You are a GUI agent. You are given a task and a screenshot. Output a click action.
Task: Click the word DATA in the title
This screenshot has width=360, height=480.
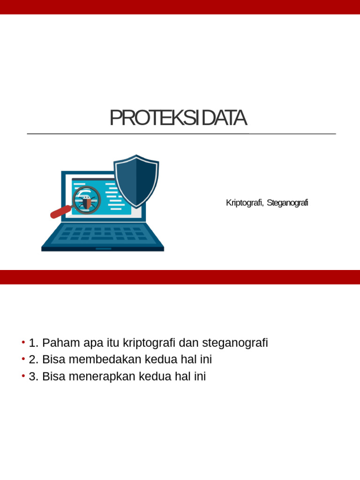[224, 118]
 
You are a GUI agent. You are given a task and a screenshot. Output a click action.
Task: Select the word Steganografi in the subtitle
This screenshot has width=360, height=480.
[287, 202]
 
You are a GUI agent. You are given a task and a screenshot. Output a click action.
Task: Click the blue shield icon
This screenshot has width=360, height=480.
[136, 180]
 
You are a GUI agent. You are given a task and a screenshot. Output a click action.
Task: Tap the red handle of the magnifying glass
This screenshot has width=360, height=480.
[60, 212]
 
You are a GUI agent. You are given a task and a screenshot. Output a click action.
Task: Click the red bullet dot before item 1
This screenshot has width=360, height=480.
[23, 343]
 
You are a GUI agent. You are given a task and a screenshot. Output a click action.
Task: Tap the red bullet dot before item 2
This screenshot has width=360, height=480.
[23, 360]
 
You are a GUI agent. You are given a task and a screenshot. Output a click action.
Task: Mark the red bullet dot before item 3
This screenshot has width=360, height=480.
[23, 376]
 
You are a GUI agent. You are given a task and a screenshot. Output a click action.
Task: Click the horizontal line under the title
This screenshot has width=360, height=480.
[181, 134]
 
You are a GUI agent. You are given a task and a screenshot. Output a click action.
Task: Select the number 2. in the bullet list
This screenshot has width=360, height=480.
[34, 360]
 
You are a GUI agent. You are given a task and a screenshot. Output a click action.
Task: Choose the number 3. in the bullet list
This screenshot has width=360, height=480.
[34, 376]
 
